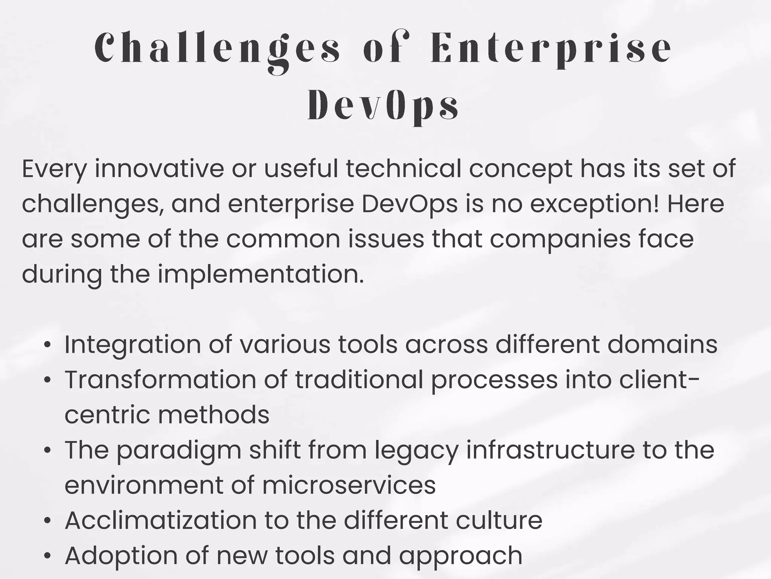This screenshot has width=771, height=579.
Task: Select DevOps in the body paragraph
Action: tap(410, 204)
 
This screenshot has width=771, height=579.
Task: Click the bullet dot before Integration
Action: tap(47, 345)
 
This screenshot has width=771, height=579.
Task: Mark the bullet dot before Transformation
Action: tap(47, 380)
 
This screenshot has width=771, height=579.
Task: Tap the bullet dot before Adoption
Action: tap(47, 556)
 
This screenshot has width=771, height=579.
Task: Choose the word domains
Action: tap(662, 345)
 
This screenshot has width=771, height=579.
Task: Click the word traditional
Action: tap(359, 380)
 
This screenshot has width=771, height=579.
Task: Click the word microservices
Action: tap(349, 485)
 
